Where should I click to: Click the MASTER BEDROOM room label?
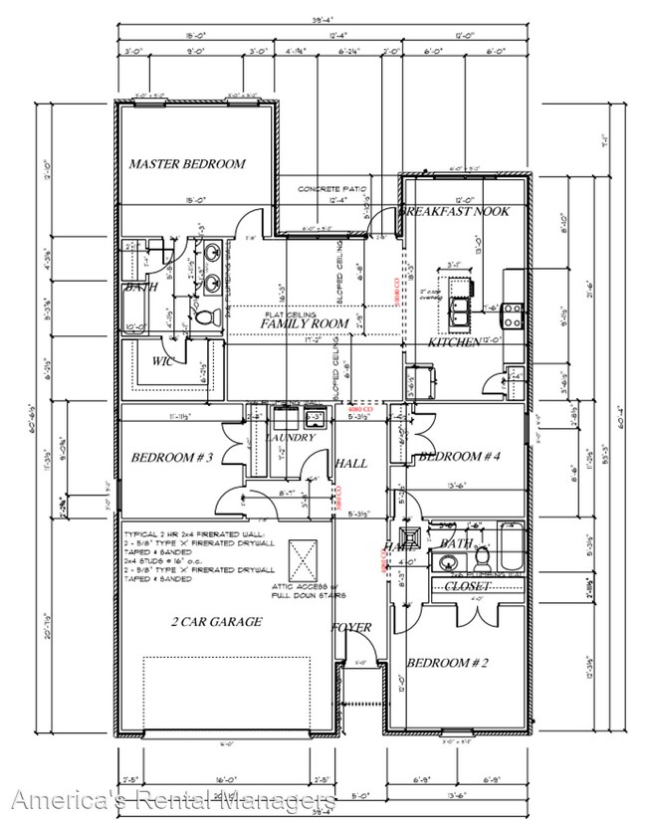[x=186, y=163]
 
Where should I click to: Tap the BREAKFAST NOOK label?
[x=454, y=212]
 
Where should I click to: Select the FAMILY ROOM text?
[x=305, y=323]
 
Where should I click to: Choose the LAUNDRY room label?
[x=291, y=437]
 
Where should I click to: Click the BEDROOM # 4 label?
[x=458, y=456]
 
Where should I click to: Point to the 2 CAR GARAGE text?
[x=215, y=622]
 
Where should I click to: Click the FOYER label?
[x=352, y=628]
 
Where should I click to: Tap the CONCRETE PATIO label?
[x=332, y=188]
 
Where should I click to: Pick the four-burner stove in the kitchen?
[x=513, y=314]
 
